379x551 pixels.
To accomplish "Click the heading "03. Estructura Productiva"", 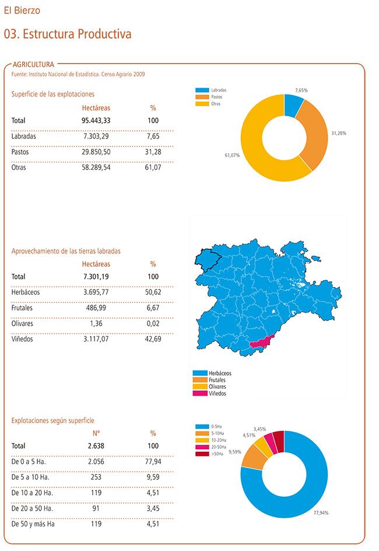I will pyautogui.click(x=68, y=34).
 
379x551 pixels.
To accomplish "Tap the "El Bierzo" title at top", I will pyautogui.click(x=22, y=11).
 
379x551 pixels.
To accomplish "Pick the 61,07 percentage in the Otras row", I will pyautogui.click(x=153, y=168).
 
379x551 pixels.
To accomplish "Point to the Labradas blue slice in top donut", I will pyautogui.click(x=293, y=106).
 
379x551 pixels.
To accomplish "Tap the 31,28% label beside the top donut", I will pyautogui.click(x=338, y=133).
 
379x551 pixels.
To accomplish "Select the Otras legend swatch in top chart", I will pyautogui.click(x=202, y=103).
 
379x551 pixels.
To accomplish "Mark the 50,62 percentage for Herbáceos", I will pyautogui.click(x=153, y=292).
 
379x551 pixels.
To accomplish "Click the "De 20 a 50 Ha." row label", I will pyautogui.click(x=33, y=508).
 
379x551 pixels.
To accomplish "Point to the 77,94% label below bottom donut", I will pyautogui.click(x=321, y=513).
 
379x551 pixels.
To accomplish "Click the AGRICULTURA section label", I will pyautogui.click(x=33, y=64).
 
